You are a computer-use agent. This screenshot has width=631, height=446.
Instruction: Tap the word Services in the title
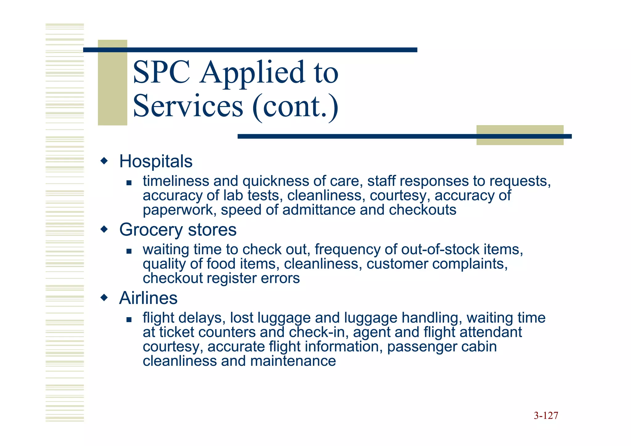pos(188,106)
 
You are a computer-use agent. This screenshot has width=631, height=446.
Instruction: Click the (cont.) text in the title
pos(295,106)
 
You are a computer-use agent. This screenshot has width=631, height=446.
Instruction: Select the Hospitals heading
pos(156,161)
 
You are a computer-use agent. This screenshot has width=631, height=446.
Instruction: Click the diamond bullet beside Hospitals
pos(104,161)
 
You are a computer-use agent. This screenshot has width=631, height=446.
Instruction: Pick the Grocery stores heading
pos(178,230)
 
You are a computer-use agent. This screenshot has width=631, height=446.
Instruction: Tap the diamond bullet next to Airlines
pos(104,298)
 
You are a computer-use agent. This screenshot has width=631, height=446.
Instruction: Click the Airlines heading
pos(148,298)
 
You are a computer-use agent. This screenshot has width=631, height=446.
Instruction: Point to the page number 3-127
pos(546,415)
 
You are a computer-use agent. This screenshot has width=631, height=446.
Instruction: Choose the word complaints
pos(468,264)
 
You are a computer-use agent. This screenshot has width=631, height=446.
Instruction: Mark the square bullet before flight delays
pos(129,320)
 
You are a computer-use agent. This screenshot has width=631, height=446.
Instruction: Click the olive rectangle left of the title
pos(112,83)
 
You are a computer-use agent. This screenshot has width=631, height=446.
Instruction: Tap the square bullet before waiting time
pos(129,251)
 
